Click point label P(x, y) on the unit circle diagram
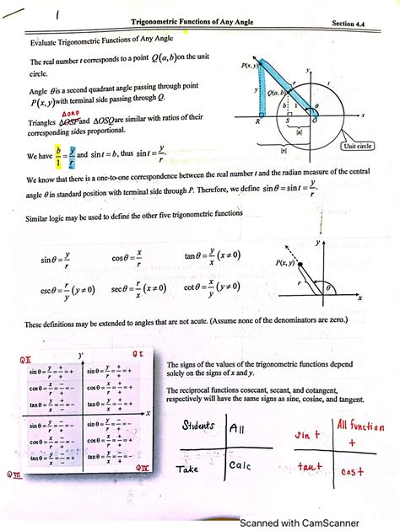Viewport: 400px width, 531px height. pyautogui.click(x=250, y=64)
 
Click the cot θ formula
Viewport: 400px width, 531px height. pyautogui.click(x=213, y=288)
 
